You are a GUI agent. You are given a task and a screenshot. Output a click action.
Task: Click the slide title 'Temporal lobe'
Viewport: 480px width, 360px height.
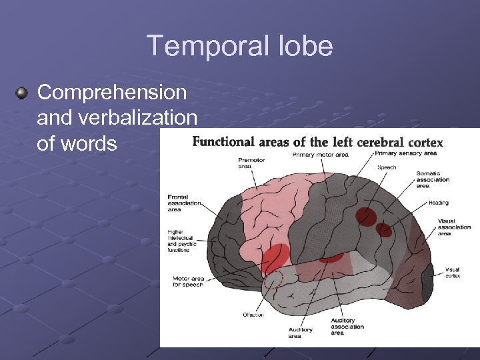239,46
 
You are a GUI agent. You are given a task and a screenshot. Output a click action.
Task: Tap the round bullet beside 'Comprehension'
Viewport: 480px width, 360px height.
23,92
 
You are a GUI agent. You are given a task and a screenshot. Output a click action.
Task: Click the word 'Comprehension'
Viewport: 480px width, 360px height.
112,92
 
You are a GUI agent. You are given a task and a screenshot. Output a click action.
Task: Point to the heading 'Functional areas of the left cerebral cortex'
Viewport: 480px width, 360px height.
317,142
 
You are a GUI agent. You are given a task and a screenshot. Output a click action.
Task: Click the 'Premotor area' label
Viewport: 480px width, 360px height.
251,163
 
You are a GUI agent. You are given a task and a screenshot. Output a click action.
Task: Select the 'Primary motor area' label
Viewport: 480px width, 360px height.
320,155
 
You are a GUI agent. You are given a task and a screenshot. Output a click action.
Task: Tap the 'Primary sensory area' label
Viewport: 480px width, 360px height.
405,153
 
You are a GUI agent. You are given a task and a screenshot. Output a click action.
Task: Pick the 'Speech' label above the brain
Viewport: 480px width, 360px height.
387,167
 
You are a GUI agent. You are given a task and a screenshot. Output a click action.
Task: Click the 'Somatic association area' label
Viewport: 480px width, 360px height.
433,179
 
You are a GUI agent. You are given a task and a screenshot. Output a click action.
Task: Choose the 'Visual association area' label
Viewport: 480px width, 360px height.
454,227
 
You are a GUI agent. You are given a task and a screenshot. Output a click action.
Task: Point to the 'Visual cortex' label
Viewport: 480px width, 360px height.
452,273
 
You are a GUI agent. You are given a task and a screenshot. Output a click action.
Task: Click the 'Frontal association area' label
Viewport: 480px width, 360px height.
184,203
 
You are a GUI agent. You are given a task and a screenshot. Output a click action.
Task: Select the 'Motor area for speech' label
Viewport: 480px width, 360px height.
188,281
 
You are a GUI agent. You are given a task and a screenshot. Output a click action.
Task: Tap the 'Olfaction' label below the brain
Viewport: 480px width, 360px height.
253,315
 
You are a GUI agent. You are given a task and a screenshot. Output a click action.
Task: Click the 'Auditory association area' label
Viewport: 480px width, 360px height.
347,327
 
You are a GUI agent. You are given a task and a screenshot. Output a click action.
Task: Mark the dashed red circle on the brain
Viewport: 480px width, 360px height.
273,280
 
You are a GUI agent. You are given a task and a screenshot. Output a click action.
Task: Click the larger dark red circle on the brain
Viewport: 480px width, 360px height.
366,216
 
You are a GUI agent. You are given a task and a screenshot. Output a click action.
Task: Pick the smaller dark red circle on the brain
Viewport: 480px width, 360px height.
383,230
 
